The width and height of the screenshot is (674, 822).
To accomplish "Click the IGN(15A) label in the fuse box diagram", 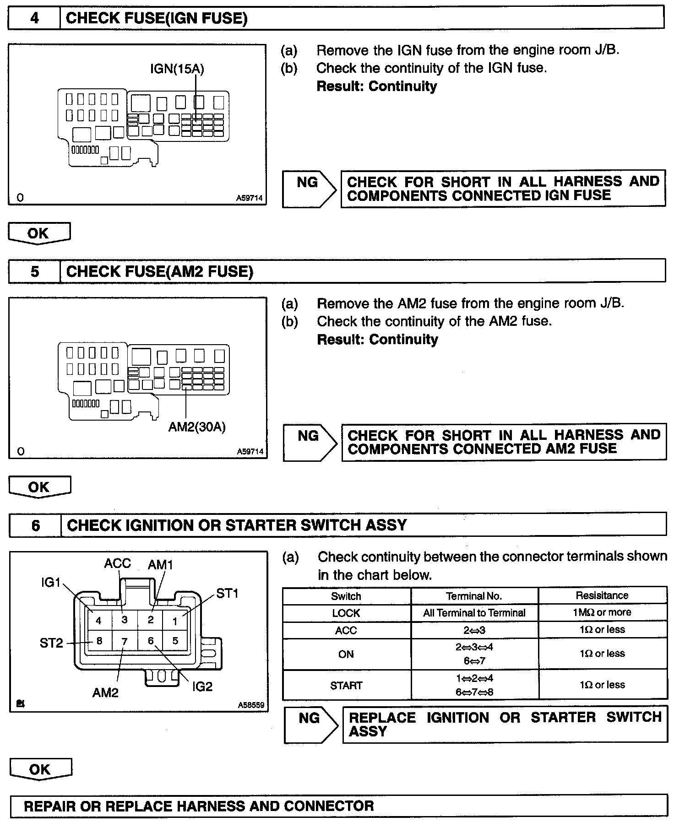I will (177, 69).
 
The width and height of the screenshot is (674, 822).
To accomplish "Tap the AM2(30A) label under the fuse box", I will (197, 427).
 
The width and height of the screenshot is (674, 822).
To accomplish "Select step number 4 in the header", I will (34, 18).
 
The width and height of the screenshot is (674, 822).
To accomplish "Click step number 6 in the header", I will (36, 525).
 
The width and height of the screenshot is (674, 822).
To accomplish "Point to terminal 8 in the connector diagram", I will (98, 641).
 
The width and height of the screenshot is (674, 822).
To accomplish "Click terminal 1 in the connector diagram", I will (175, 621).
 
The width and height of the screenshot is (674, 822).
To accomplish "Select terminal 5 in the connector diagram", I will (175, 641).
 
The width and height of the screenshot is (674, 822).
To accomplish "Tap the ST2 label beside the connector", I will (51, 643).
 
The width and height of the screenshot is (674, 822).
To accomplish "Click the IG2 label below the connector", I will (202, 687).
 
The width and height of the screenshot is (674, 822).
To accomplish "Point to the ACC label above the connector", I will (117, 563).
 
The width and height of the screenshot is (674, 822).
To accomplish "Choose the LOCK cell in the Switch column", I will (346, 613).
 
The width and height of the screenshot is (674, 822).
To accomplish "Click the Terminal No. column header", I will (474, 596).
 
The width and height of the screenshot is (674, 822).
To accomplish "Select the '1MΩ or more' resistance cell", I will (602, 612).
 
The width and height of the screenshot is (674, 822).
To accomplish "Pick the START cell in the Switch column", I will (346, 685).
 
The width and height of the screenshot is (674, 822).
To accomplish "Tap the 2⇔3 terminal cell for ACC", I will (474, 630).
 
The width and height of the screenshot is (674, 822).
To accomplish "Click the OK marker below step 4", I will (39, 233).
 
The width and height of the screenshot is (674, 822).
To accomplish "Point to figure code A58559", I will (251, 705).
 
